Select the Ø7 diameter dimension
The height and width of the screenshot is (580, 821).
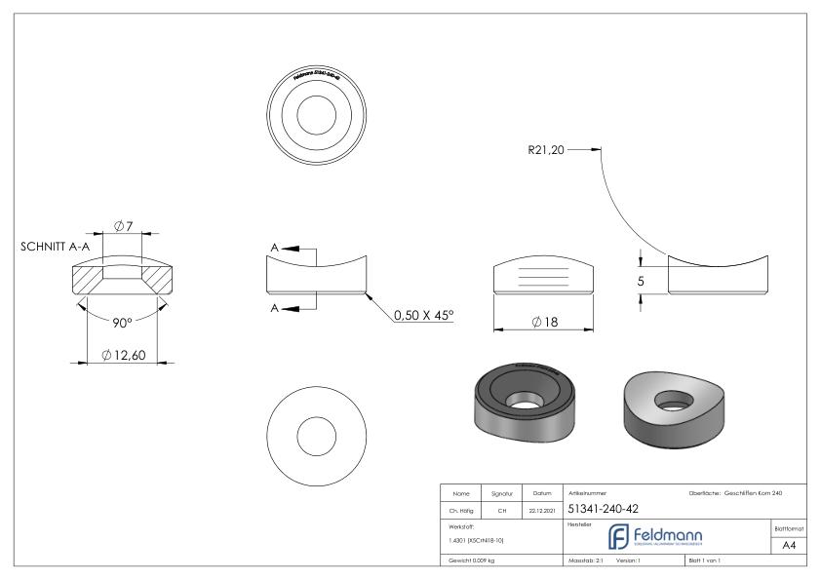(x=123, y=226)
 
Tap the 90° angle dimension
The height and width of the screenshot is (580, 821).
(x=121, y=323)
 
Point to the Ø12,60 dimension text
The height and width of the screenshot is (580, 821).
(x=124, y=355)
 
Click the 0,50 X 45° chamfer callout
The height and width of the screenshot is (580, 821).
(x=423, y=316)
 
